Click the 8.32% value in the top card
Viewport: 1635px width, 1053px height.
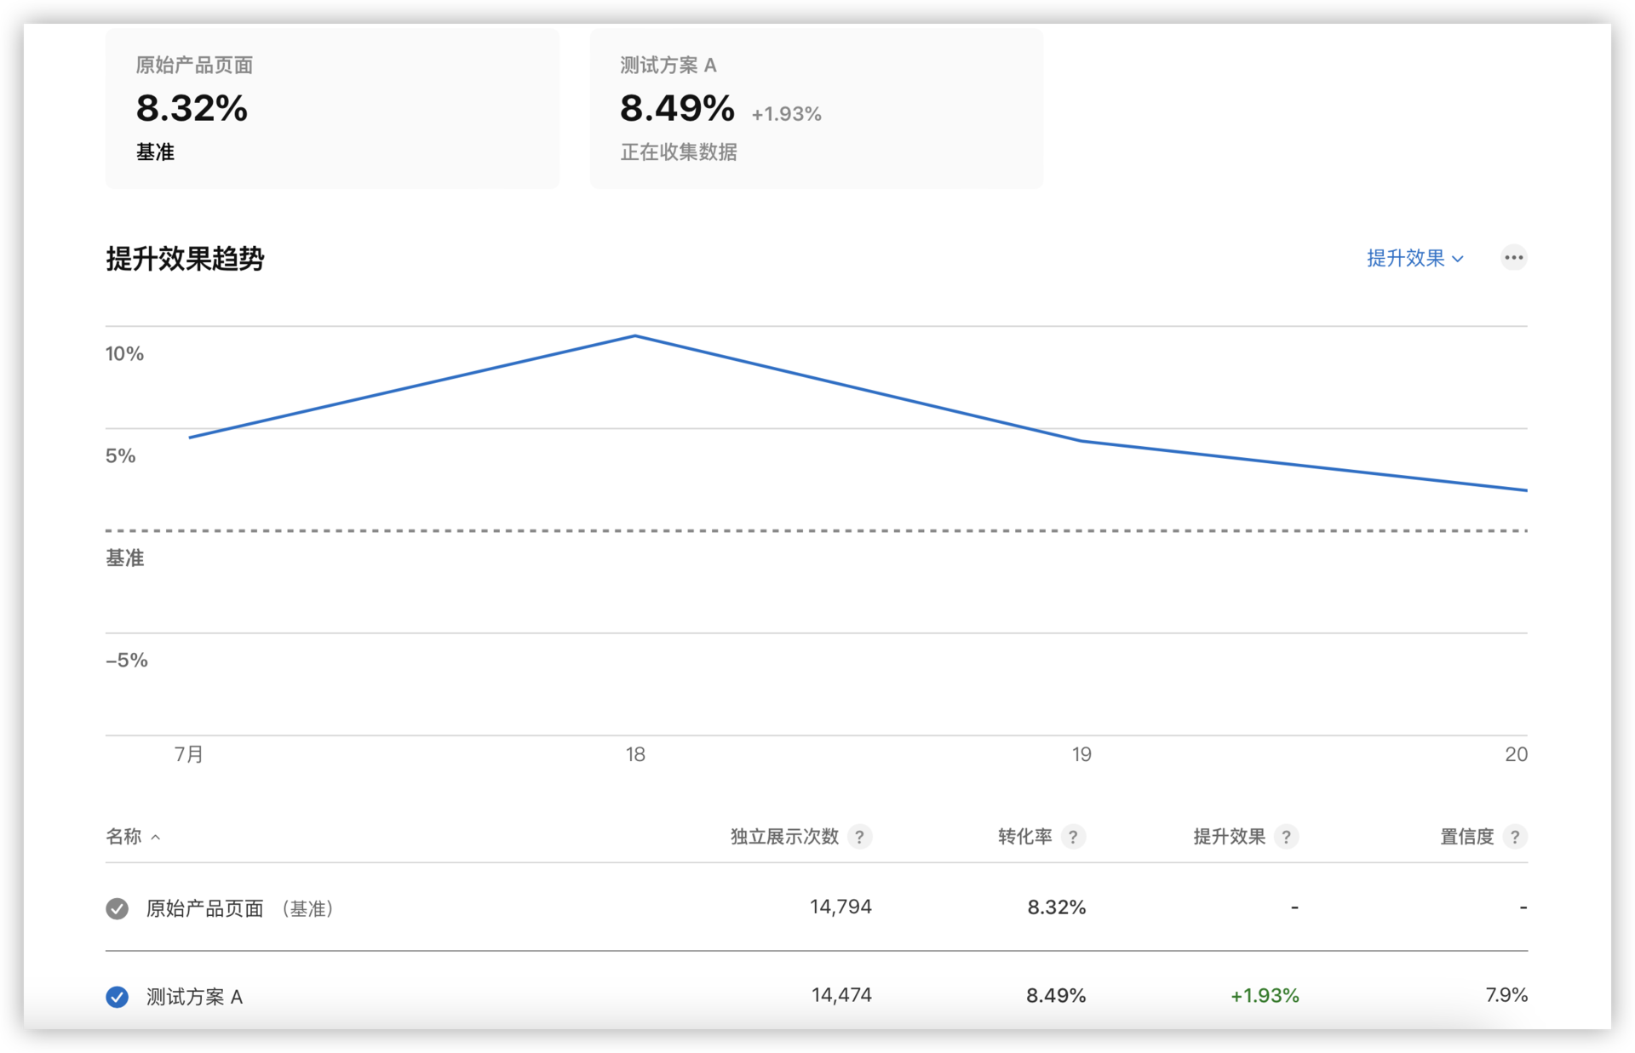[192, 109]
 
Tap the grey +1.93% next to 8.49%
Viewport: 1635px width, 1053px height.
[786, 114]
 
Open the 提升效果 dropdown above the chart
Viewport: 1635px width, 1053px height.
[1414, 258]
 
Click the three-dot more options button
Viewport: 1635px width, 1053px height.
[1513, 258]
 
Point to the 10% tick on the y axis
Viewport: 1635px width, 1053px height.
[124, 354]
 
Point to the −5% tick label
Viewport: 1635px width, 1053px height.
[127, 661]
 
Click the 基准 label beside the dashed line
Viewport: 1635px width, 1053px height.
[125, 558]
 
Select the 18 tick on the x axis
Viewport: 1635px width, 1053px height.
[635, 754]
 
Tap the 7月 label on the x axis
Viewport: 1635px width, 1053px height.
[189, 754]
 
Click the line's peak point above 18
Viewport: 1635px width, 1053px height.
[635, 336]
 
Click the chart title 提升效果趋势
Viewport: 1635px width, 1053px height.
[185, 259]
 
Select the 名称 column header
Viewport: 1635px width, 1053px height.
[124, 837]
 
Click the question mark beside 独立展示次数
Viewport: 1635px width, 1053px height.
[859, 837]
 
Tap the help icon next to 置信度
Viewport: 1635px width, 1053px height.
[1514, 837]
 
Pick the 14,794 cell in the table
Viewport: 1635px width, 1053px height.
[840, 907]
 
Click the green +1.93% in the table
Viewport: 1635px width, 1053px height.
[1265, 996]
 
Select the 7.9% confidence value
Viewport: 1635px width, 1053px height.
[1506, 995]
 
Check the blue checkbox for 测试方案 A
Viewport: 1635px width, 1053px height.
[118, 997]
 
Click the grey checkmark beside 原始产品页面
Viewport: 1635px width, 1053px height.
[118, 908]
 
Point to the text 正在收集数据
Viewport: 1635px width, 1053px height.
[679, 152]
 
